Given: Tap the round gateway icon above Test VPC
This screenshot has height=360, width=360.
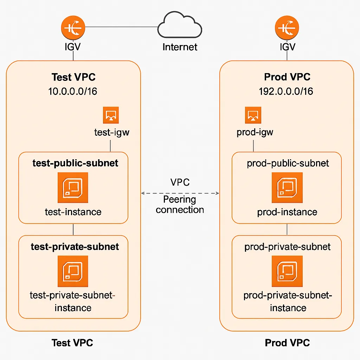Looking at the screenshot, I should point(73,27).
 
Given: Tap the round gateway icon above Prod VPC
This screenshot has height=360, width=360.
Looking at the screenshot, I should point(287,27).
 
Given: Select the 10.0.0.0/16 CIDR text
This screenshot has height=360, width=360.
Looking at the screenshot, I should point(73,91).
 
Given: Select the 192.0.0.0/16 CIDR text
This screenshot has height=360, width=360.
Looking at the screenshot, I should point(286,91).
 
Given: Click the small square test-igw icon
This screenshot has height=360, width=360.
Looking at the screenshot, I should point(111,115).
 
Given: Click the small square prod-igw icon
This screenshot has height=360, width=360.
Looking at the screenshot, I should point(253,115).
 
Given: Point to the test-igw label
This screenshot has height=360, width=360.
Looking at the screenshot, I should point(111,133).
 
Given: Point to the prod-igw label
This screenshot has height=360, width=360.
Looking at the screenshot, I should point(255,133).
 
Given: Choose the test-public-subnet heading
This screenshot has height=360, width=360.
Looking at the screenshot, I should point(75,163).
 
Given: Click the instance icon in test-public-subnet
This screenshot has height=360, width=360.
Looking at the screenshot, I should point(73,187).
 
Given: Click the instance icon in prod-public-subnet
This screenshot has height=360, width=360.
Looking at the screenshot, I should point(287,187).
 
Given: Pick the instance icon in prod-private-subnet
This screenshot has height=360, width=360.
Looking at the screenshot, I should point(287,271).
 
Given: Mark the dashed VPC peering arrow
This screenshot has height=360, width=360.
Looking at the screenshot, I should point(180,193).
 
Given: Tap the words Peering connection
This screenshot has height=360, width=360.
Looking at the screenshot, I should point(180,205).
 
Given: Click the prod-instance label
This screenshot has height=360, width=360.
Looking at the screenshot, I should point(287,212).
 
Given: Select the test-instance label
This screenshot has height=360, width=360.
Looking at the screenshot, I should point(73,212).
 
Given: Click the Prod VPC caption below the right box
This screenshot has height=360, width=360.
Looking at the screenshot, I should point(287,343).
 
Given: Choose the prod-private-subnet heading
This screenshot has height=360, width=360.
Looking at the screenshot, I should point(287,247).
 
